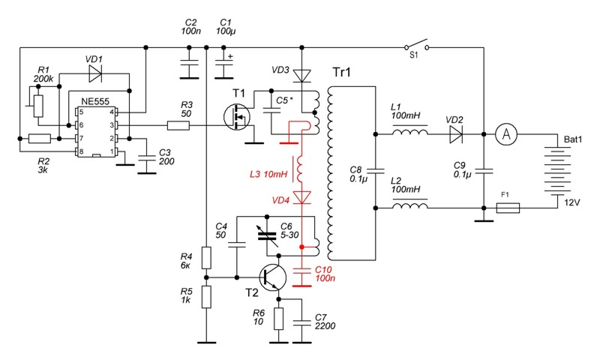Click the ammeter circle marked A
point(505,134)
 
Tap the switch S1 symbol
point(417,45)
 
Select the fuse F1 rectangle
point(508,208)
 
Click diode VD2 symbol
point(456,134)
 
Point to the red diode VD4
point(301,197)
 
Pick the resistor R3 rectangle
point(178,125)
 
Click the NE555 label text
point(95,101)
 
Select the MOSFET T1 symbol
point(237,118)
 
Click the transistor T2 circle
point(273,277)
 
